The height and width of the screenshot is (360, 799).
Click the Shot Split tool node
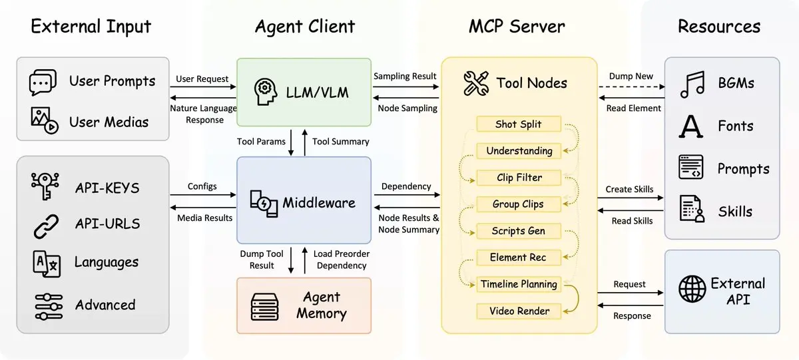click(x=519, y=124)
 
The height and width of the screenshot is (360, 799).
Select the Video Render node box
click(x=519, y=311)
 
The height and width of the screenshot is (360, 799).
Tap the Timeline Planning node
click(x=519, y=284)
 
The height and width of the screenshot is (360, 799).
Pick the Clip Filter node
click(x=519, y=178)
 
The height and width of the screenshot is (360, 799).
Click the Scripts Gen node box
click(x=519, y=231)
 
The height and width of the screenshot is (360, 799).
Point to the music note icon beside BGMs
click(x=692, y=85)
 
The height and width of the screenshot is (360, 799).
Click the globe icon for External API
click(x=692, y=289)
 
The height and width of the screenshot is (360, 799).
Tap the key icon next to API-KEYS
click(x=46, y=186)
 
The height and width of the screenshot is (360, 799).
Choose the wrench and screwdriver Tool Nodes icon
click(x=477, y=83)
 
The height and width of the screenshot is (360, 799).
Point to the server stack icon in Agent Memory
click(x=264, y=306)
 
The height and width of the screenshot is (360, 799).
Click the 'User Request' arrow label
click(x=202, y=79)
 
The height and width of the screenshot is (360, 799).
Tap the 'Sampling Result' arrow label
click(x=405, y=77)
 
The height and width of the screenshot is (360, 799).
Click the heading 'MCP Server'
click(x=517, y=27)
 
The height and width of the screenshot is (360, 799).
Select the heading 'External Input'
click(x=91, y=27)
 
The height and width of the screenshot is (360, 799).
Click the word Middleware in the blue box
click(x=319, y=203)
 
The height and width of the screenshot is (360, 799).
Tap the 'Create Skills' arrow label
click(x=629, y=189)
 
